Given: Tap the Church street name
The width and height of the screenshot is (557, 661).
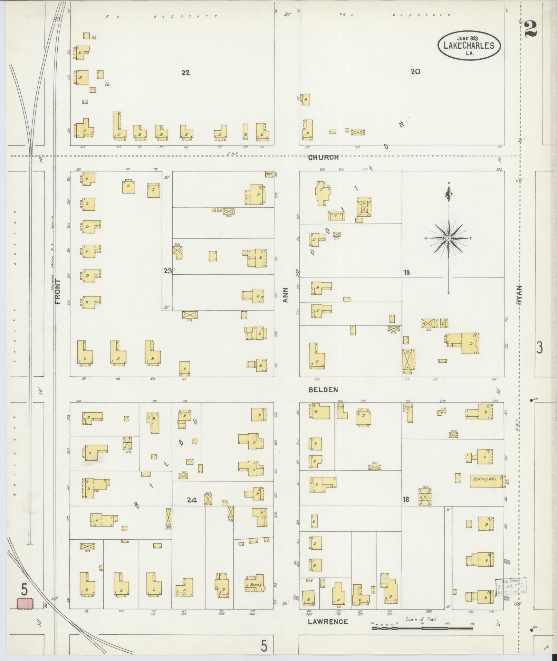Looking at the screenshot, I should pos(323,158).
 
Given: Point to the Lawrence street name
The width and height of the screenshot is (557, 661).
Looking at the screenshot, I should pos(328,622).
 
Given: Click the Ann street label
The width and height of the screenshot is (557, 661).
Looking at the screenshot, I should pos(285,295).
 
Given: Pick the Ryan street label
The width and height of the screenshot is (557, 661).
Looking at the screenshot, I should pos(519,295).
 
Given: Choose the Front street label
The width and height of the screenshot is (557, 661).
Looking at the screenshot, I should pos(57,291).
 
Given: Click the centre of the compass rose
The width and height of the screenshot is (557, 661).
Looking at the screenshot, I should pos(449,238).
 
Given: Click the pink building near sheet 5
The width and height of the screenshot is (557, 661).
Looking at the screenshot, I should pos(25,604).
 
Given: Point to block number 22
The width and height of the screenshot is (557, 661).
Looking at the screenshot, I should pos(186,73).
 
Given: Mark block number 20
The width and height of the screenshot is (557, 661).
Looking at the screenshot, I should pos(415,72).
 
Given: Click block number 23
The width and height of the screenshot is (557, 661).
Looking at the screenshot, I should pos(168,271).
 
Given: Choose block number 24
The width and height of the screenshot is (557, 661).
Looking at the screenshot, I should pos(192,500).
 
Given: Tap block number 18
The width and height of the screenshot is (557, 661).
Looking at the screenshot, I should pos(406,499).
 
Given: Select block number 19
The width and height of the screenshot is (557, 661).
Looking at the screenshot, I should pos(406,273).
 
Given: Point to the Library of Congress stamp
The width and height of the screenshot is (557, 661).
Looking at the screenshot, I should pos(511,587).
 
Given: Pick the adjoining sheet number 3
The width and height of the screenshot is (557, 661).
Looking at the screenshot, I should pos(539,347).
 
